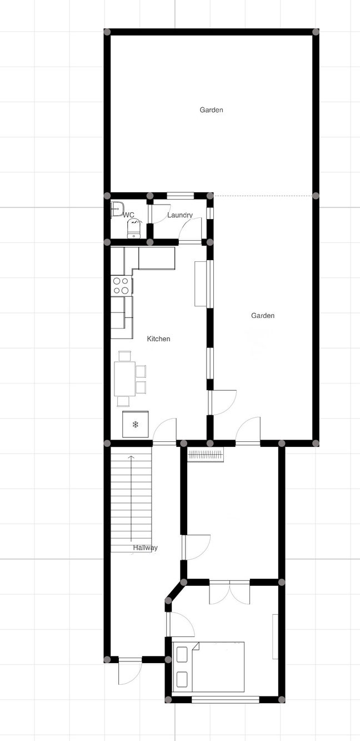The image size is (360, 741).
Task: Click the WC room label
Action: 129,215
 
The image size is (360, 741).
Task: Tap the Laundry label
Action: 180,215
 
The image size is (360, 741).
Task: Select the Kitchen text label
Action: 158,339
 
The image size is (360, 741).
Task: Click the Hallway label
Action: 145,548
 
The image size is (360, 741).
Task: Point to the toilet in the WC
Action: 134,228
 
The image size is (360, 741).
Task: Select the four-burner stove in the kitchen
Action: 121,286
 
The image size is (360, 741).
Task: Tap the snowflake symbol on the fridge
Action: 135,425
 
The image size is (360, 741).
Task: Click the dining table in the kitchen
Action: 124,379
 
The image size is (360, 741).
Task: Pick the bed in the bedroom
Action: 209,667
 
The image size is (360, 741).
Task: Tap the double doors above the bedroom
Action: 230,592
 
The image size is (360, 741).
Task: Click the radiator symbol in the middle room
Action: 206,455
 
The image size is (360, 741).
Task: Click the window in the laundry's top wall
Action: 180,196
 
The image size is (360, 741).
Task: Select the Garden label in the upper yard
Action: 212,110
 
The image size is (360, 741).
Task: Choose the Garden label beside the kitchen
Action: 263,316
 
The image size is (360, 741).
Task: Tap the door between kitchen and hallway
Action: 164,431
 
